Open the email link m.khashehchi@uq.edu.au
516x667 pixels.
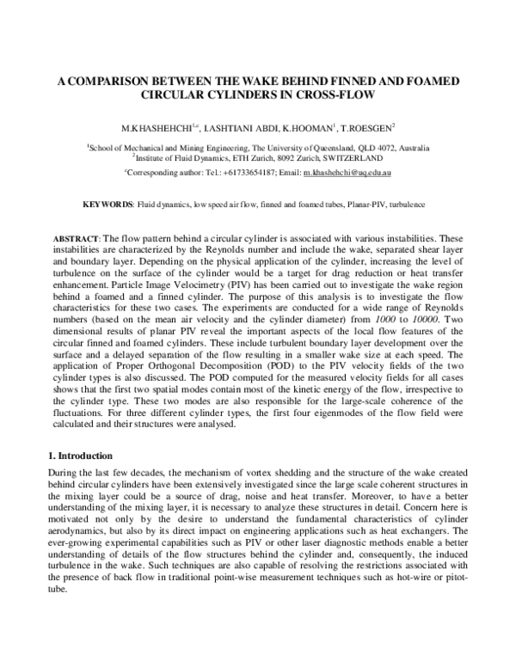point(348,173)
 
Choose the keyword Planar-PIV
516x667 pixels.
point(354,206)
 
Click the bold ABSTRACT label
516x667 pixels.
point(76,237)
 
